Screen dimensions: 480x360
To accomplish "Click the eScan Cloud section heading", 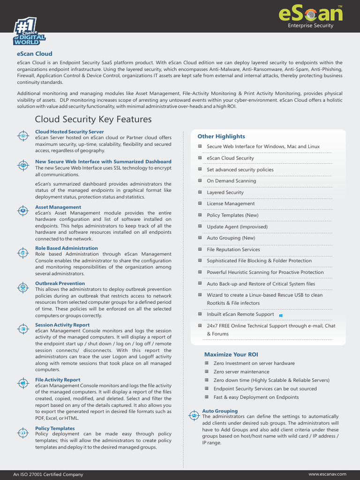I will (35, 54).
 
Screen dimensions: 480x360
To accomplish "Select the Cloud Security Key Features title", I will (93, 120).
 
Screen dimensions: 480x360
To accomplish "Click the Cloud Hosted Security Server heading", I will (69, 132).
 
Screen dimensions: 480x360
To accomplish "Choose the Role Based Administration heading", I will (67, 248).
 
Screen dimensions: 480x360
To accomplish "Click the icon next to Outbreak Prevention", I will (23, 287).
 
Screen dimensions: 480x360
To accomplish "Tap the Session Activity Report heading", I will (62, 325).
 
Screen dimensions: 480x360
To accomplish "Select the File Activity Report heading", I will (58, 380).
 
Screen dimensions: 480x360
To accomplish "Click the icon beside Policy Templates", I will (23, 432).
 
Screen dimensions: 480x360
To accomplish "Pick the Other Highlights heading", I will (221, 136).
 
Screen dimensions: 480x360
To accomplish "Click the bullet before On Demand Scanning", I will (200, 180).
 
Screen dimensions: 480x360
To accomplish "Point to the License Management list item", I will (231, 203).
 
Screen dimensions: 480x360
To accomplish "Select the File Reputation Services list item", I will (233, 249).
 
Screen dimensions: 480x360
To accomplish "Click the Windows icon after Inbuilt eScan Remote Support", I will (280, 315).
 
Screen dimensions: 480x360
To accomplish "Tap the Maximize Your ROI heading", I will (231, 354).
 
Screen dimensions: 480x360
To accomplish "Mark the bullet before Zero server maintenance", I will (207, 372).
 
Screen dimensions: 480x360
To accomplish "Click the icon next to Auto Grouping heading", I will (194, 415).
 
